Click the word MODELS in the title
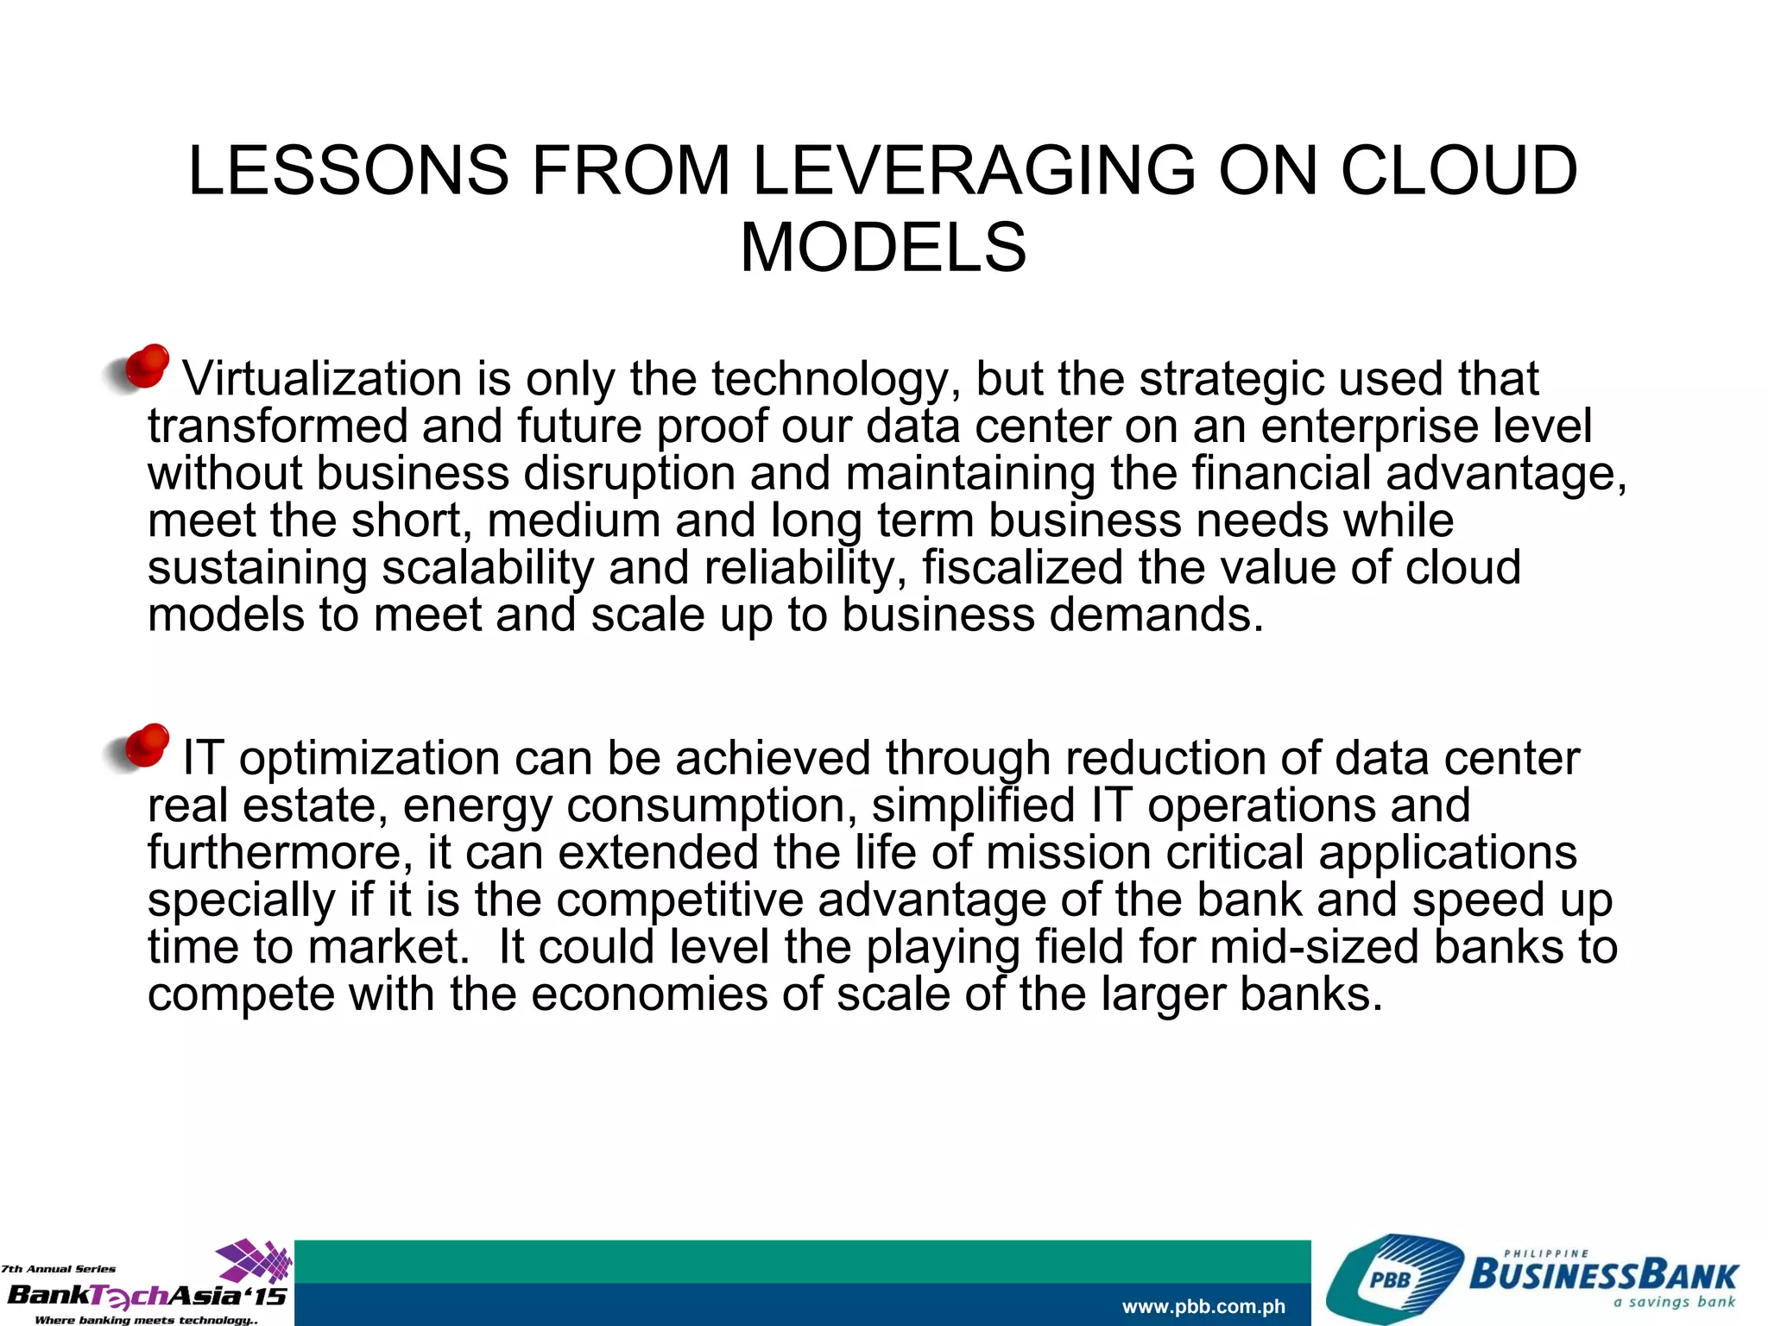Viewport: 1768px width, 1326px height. click(x=883, y=248)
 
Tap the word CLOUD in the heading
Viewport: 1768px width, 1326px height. click(x=1459, y=170)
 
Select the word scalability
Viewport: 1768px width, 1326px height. click(x=488, y=568)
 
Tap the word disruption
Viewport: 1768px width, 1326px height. click(x=629, y=474)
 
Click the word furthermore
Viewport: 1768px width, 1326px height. click(x=275, y=853)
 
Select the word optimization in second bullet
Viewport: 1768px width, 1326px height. click(x=369, y=759)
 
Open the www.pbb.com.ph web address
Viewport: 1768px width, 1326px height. click(x=1203, y=1306)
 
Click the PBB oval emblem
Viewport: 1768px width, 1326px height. click(x=1391, y=1280)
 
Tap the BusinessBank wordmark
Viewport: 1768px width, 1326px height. click(x=1603, y=1275)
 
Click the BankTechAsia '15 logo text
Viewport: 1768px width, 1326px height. click(x=145, y=1296)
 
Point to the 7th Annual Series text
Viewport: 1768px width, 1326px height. click(x=58, y=1269)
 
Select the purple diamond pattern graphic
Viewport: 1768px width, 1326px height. click(x=255, y=1260)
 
